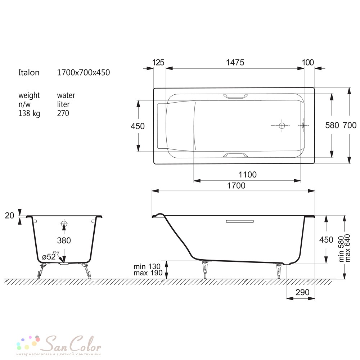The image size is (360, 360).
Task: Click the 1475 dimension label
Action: [235, 62]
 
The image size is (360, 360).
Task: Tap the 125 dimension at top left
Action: [158, 62]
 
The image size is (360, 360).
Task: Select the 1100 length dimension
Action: [248, 175]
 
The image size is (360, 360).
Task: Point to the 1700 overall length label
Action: [236, 185]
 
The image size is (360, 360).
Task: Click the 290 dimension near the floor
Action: [302, 292]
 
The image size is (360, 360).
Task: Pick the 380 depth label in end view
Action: [64, 240]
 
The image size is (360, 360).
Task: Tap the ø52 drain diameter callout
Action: [49, 256]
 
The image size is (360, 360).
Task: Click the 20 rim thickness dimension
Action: [9, 215]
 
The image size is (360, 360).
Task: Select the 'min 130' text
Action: [147, 266]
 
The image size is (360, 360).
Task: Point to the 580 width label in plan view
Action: [332, 125]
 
